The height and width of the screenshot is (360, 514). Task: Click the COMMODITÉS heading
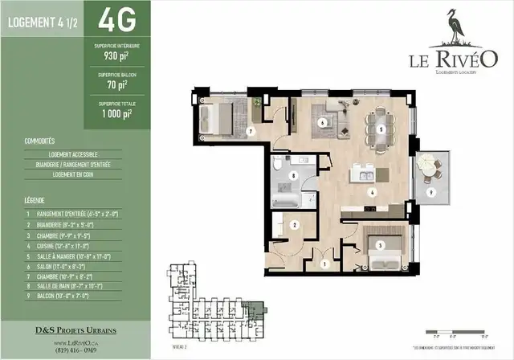(39, 141)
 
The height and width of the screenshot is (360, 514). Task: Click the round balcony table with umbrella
(430, 170)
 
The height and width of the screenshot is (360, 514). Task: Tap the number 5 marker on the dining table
(381, 129)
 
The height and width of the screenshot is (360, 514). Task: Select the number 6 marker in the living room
(322, 123)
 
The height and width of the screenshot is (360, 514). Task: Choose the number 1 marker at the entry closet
(324, 263)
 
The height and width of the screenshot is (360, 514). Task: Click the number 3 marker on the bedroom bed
(381, 245)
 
